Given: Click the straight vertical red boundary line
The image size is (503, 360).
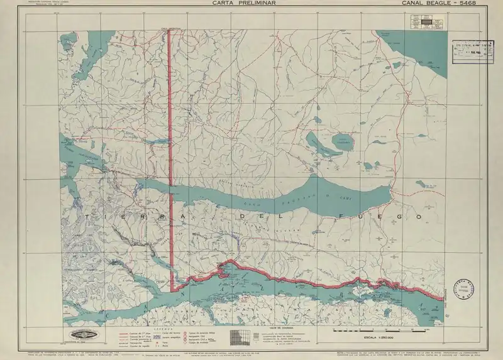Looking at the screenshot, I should click(170, 157).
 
